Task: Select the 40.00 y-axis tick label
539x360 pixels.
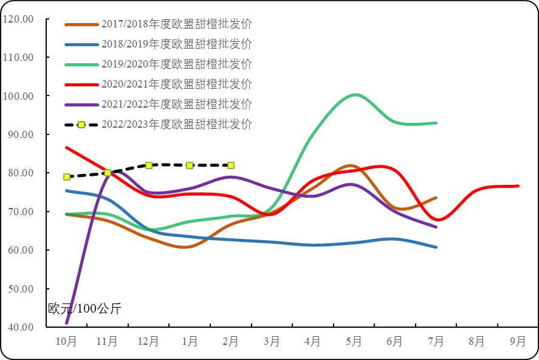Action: pyautogui.click(x=21, y=328)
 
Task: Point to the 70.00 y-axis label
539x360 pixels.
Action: pyautogui.click(x=21, y=212)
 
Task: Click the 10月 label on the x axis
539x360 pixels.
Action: pyautogui.click(x=66, y=342)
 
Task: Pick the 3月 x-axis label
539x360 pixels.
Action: pyautogui.click(x=272, y=342)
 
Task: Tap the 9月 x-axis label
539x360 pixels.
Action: pyautogui.click(x=518, y=342)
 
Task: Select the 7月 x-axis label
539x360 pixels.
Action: pyautogui.click(x=436, y=342)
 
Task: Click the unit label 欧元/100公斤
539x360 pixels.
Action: pyautogui.click(x=84, y=309)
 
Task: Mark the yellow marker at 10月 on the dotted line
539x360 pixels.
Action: pyautogui.click(x=67, y=177)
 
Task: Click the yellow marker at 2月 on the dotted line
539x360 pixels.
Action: pyautogui.click(x=231, y=165)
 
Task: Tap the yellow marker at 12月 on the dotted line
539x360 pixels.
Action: pyautogui.click(x=149, y=165)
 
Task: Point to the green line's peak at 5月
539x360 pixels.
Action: pyautogui.click(x=355, y=95)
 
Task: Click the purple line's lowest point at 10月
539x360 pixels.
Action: pyautogui.click(x=67, y=322)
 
